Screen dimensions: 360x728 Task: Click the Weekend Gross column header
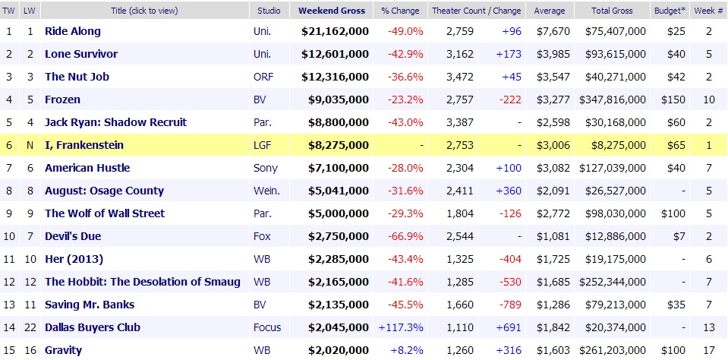332,11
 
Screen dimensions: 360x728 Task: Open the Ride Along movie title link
73,31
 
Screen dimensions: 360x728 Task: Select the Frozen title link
62,99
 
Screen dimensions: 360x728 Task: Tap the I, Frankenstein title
84,145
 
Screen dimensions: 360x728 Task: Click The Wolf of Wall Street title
105,213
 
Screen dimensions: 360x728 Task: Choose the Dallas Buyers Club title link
93,327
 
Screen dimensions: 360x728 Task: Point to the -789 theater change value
510,305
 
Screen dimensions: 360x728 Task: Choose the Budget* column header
667,11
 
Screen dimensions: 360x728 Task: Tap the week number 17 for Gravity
708,350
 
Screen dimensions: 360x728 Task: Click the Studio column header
269,11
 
